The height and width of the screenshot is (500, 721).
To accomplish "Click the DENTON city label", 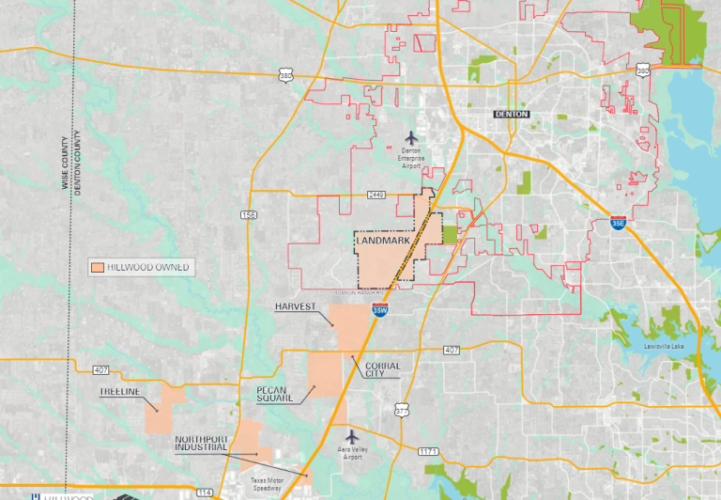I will click(513, 114).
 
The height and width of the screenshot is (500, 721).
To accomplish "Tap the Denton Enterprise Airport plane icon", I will click(410, 138).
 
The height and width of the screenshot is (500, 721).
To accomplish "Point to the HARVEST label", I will click(296, 307).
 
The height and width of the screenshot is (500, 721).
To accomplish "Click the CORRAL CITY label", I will click(382, 369).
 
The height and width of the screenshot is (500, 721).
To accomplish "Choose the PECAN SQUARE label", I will click(275, 392).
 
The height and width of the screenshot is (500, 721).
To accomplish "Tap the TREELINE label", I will click(119, 392).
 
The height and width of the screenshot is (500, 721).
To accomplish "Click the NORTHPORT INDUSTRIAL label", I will click(201, 444).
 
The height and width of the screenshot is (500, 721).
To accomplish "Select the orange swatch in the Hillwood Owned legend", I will click(97, 267).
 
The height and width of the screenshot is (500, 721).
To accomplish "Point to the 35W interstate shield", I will click(379, 309).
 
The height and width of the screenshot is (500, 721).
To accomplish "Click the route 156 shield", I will click(249, 215).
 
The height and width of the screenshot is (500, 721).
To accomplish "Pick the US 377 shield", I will click(402, 410).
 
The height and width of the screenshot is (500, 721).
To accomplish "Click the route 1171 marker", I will click(428, 452).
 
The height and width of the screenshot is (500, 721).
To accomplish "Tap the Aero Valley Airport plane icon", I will click(352, 436).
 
